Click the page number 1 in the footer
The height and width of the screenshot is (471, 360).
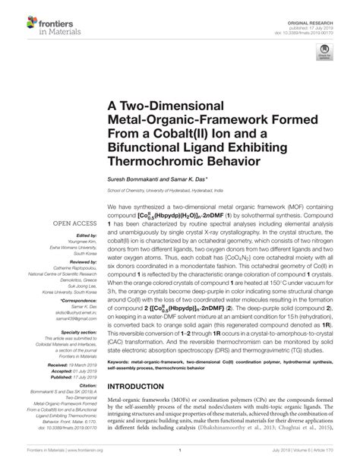pos(179,460)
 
